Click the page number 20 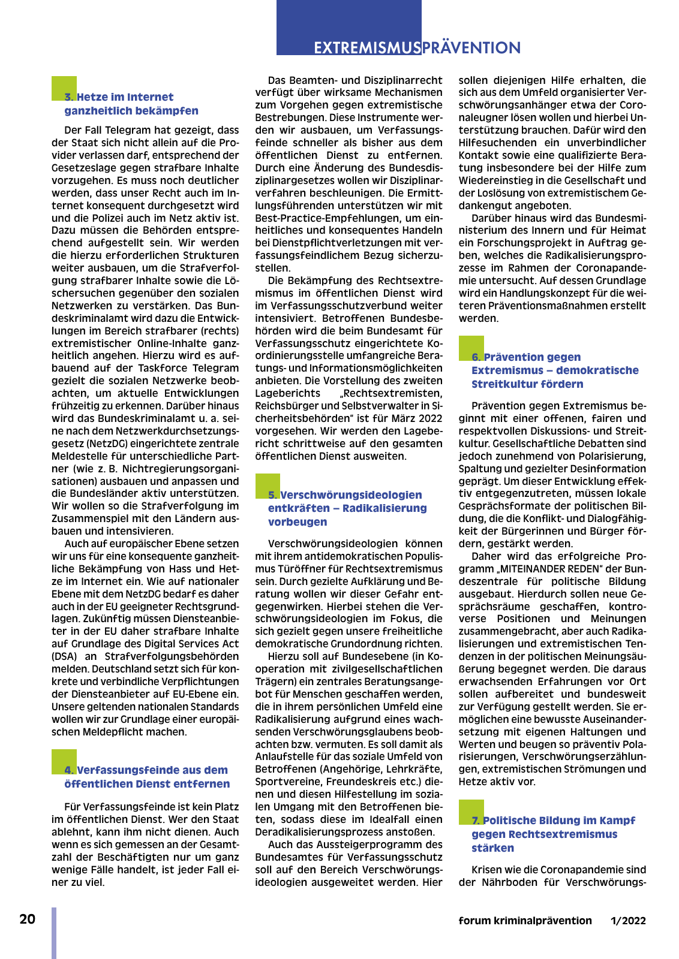pos(28,919)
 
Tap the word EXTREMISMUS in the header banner pos(367,48)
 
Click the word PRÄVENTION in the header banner pos(471,48)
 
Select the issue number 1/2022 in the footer pos(628,921)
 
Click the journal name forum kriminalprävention pos(525,921)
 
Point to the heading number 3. pos(69,97)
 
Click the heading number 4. pos(69,770)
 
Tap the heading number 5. pos(273,495)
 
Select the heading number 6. pos(476,357)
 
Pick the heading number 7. pos(476,821)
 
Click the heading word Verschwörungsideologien pos(351,495)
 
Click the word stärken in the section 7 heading pos(492,848)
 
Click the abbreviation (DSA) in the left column pos(64,656)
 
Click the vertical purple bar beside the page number pos(54,933)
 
